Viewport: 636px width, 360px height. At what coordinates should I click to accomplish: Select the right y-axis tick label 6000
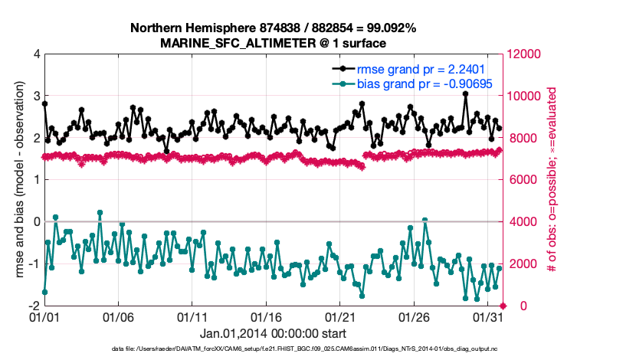click(523, 180)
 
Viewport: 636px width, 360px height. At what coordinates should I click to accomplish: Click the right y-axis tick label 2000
click(523, 263)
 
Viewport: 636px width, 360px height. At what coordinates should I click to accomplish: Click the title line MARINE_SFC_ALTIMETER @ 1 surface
click(267, 43)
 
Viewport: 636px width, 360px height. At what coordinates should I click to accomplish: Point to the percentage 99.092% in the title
click(391, 28)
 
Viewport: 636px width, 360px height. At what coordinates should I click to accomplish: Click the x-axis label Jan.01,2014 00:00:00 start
click(273, 333)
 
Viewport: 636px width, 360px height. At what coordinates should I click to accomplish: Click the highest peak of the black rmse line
click(465, 94)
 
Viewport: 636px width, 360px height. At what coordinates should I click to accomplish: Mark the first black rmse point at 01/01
click(44, 103)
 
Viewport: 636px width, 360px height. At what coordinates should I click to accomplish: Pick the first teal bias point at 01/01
click(44, 292)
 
